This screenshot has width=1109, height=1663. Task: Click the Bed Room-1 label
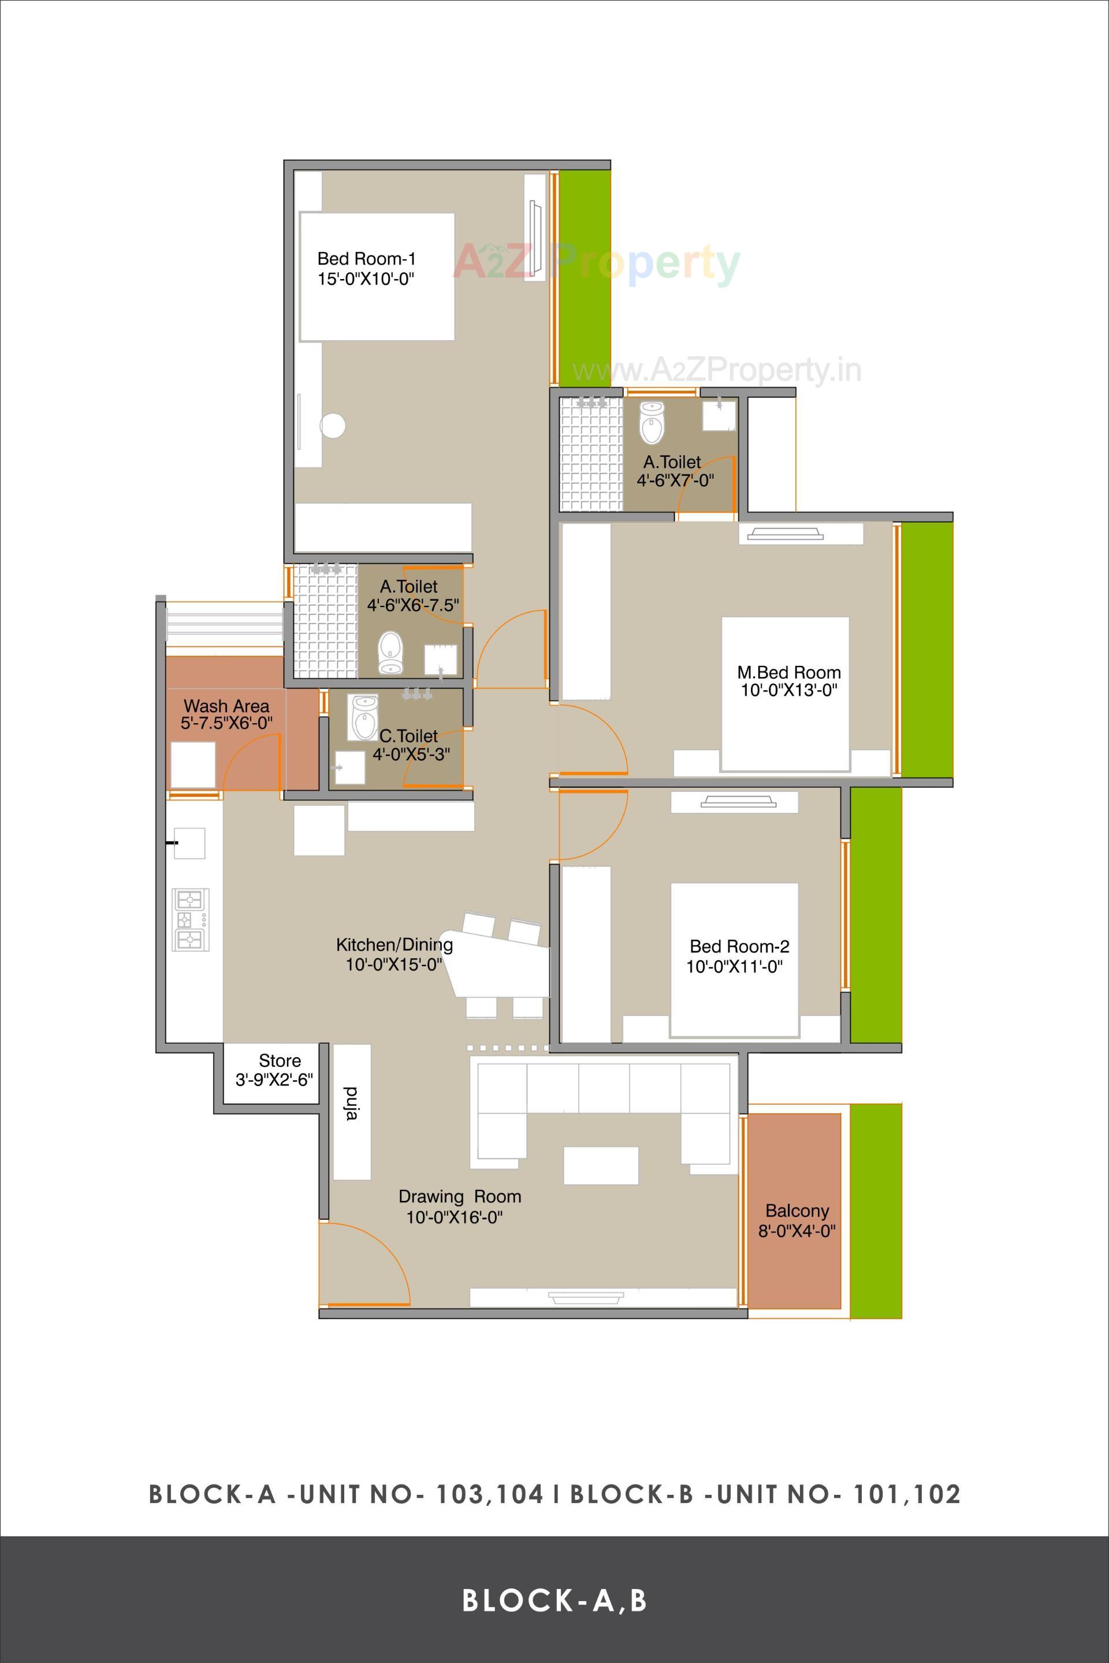click(x=366, y=259)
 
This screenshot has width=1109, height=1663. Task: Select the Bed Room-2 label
click(x=739, y=946)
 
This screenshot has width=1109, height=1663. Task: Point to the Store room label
click(x=280, y=1061)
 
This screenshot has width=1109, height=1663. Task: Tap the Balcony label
click(x=797, y=1210)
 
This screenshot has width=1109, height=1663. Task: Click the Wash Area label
click(x=226, y=706)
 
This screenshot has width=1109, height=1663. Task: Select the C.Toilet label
click(x=408, y=736)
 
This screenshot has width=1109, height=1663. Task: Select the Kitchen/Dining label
click(x=394, y=944)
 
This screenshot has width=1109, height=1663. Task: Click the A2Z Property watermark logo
click(x=596, y=263)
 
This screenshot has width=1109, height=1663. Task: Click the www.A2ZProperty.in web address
click(x=716, y=370)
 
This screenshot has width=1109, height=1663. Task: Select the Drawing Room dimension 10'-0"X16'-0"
click(x=454, y=1218)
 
